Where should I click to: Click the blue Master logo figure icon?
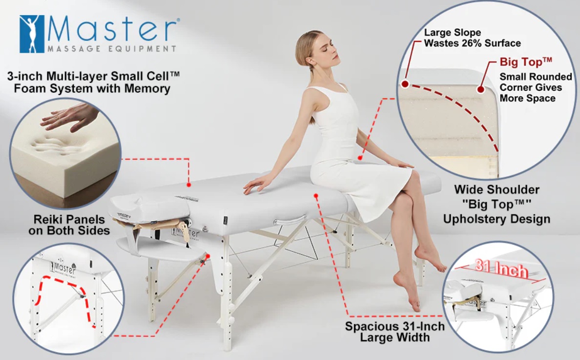click(32, 34)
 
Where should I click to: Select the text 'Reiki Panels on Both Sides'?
click(69, 225)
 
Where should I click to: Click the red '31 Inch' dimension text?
click(501, 268)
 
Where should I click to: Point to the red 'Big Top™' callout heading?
click(526, 62)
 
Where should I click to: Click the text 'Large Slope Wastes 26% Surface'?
click(472, 38)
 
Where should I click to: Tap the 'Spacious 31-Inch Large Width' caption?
click(394, 332)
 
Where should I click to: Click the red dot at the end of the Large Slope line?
click(405, 84)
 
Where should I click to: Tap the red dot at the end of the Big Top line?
click(480, 89)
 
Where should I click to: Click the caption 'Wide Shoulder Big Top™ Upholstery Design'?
click(497, 204)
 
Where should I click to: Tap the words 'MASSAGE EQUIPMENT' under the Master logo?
click(112, 48)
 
